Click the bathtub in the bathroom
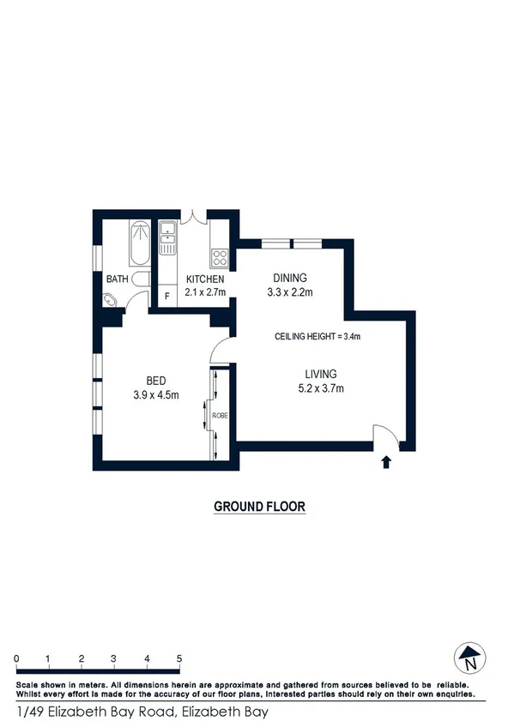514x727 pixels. (x=137, y=243)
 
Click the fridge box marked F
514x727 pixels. (x=166, y=295)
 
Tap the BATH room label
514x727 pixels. (x=117, y=279)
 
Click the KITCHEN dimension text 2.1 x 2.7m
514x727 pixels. (x=206, y=293)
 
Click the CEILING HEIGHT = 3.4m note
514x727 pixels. (x=317, y=336)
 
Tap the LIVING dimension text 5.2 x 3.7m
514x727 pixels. (x=320, y=388)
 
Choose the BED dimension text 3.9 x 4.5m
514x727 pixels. (x=155, y=395)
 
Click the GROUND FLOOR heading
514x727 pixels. (x=259, y=507)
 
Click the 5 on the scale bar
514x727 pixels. (x=179, y=658)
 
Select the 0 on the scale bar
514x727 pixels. (x=16, y=658)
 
